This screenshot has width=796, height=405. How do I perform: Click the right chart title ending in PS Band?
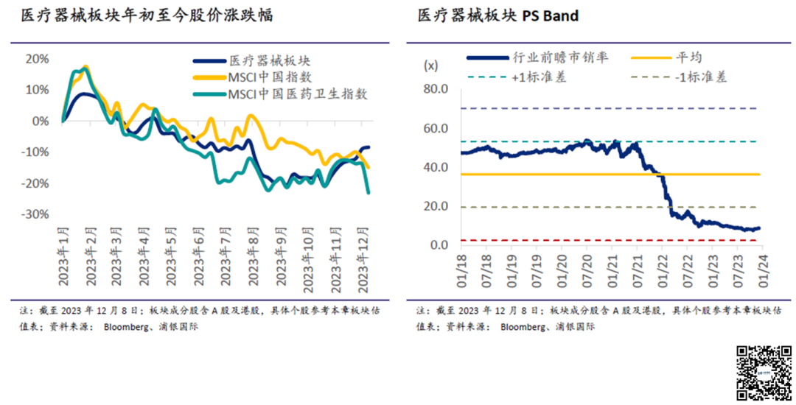(x=497, y=15)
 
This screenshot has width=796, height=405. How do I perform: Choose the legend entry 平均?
(x=688, y=57)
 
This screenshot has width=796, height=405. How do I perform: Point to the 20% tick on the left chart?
(x=37, y=59)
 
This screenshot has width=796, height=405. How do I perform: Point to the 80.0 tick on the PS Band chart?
(x=435, y=89)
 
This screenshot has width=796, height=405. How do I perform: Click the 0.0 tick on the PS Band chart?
(x=439, y=245)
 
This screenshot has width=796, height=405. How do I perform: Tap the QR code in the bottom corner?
(x=764, y=373)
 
